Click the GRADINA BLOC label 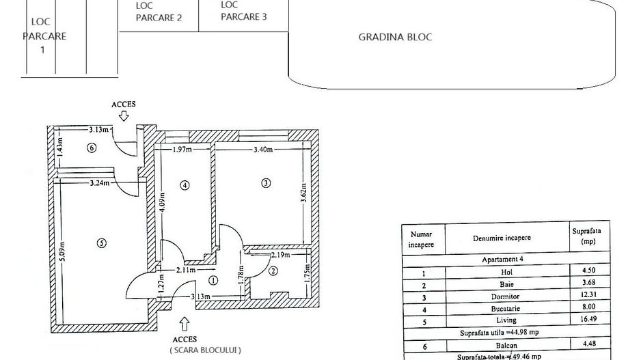[x=395, y=37]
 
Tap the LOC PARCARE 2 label [x=159, y=12]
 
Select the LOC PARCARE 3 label [x=244, y=12]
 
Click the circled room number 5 [x=101, y=243]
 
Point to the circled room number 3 [x=266, y=182]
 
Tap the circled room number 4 [x=184, y=184]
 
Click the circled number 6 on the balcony [x=92, y=148]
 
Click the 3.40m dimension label [x=263, y=150]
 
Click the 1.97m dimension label [x=181, y=150]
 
